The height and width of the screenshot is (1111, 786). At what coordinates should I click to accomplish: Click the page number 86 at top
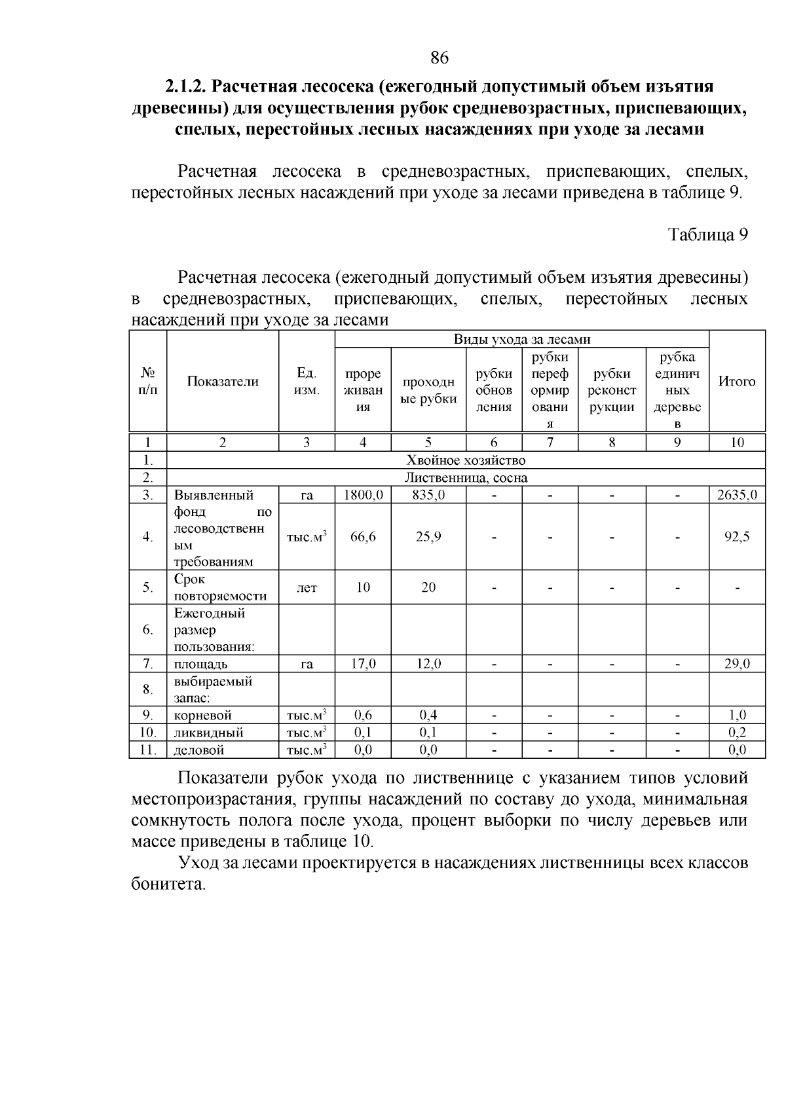pos(440,58)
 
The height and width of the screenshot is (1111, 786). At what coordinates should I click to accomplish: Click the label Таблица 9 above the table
pos(707,234)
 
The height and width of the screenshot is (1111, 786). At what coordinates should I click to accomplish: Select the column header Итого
pos(737,382)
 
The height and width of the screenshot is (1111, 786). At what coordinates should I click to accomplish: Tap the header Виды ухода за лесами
pos(522,339)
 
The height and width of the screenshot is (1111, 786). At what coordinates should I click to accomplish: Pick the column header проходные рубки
pos(428,390)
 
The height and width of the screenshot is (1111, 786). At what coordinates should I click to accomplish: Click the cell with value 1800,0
pos(363,495)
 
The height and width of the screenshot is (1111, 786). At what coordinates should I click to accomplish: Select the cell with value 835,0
pos(428,495)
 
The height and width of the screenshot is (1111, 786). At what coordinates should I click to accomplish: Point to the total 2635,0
pos(737,495)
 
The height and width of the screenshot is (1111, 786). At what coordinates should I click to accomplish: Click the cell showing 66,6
pos(363,537)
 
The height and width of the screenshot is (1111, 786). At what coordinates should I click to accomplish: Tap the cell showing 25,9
pos(428,537)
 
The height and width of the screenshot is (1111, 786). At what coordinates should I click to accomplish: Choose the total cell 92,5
pos(737,537)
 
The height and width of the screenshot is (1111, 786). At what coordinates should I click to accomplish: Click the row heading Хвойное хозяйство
pos(466,461)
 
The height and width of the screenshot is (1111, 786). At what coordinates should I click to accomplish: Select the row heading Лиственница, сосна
pos(466,478)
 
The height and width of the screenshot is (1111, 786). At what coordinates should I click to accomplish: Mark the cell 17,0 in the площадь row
pos(363,664)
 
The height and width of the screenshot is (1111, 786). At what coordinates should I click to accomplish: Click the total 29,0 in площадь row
pos(737,664)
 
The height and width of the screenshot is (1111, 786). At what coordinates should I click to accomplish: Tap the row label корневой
pos(202,716)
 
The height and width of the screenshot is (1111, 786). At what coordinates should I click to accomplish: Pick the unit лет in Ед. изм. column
pos(307,588)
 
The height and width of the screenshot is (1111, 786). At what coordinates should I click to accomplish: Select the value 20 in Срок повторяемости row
pos(428,588)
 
